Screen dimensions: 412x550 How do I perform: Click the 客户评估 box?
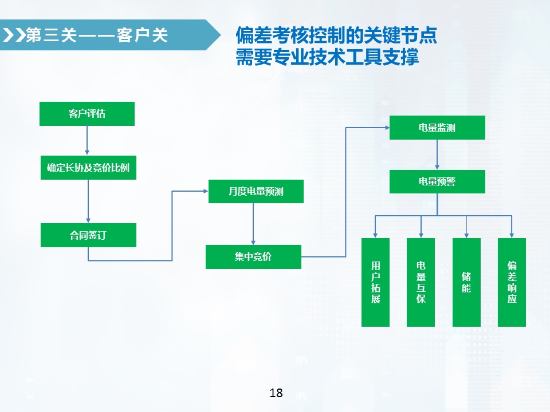[87, 114]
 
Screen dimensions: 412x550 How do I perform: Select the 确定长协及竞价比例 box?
[88, 168]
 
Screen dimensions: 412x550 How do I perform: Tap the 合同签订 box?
[88, 235]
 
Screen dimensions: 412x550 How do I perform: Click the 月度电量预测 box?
[256, 191]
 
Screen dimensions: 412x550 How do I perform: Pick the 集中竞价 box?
[253, 257]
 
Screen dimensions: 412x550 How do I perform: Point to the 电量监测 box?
[437, 128]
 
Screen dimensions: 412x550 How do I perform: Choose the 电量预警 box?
[437, 181]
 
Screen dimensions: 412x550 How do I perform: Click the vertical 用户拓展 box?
[375, 282]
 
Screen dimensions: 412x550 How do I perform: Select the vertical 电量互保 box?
[421, 282]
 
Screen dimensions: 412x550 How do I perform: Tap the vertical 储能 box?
[466, 282]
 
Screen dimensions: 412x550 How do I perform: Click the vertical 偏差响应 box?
[512, 282]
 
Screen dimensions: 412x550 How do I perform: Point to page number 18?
[276, 393]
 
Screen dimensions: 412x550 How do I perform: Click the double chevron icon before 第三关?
[14, 35]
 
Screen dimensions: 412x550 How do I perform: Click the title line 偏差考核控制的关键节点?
[336, 36]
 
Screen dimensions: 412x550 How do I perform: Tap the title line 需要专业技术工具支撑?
[327, 57]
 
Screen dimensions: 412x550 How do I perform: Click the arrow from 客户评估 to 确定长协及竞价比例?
[87, 141]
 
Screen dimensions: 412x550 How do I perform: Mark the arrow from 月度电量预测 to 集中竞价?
[253, 224]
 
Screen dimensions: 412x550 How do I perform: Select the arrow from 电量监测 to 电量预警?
[437, 154]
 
